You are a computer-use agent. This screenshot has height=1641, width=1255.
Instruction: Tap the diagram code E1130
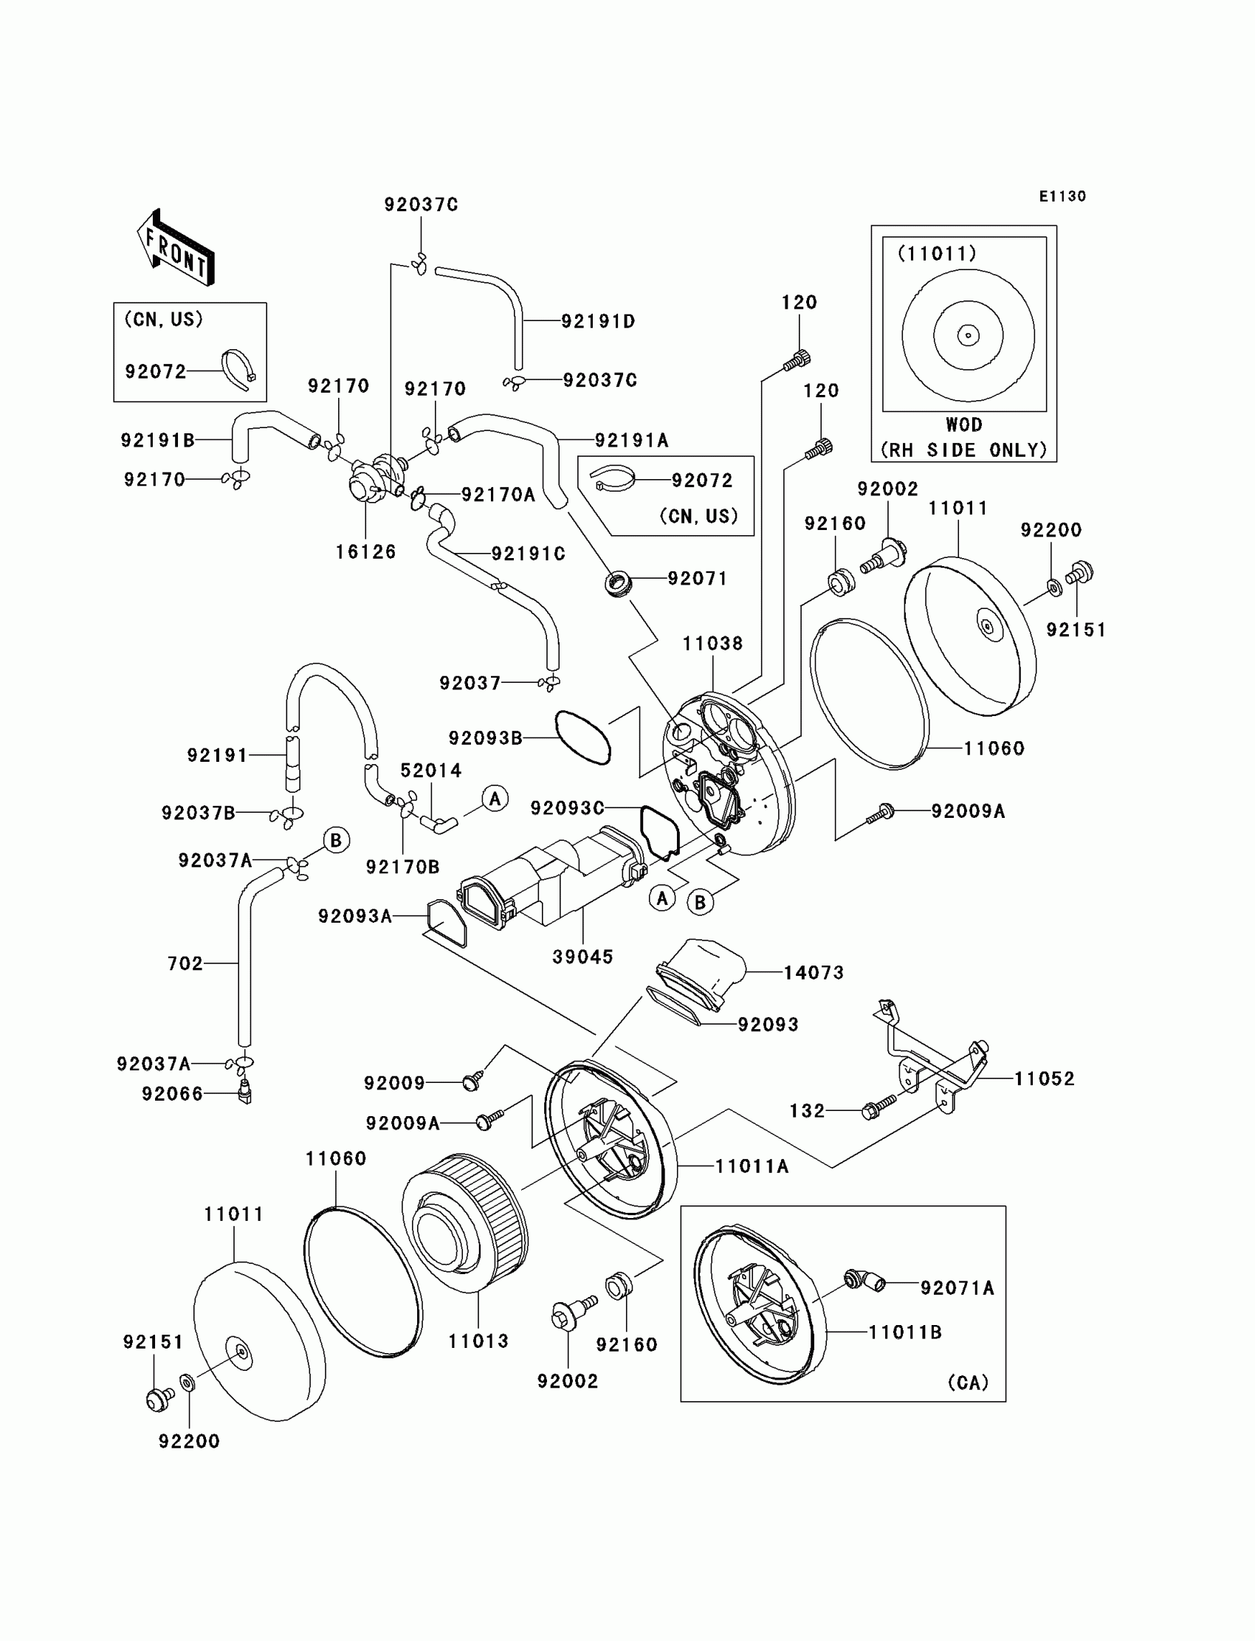[x=1062, y=196]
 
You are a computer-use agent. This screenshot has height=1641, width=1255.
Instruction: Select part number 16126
[x=365, y=552]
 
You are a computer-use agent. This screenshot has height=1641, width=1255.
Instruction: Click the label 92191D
[x=598, y=321]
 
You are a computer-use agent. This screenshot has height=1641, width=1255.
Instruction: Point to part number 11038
[x=712, y=643]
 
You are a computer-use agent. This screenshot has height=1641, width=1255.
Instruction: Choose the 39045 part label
[x=582, y=957]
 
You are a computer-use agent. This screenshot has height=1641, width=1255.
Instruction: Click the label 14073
[x=814, y=972]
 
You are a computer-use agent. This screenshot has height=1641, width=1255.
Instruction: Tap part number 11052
[x=1044, y=1078]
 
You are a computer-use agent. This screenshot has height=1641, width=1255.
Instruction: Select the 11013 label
[x=478, y=1341]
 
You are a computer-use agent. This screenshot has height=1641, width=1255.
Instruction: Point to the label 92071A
[x=957, y=1287]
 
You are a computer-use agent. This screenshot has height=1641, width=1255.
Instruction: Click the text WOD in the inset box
[x=963, y=425]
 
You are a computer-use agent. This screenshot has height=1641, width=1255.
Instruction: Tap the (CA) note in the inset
[x=968, y=1383]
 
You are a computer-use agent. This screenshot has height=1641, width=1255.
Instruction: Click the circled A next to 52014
[x=495, y=799]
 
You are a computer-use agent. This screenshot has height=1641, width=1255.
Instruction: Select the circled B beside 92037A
[x=336, y=840]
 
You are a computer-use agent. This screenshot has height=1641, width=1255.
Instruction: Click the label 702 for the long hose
[x=185, y=963]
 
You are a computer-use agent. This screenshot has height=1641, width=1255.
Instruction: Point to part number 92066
[x=172, y=1094]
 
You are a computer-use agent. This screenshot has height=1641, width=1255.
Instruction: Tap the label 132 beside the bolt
[x=807, y=1111]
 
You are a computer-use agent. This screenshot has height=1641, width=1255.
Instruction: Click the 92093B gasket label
[x=485, y=738]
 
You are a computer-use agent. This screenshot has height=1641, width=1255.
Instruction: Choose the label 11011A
[x=752, y=1166]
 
